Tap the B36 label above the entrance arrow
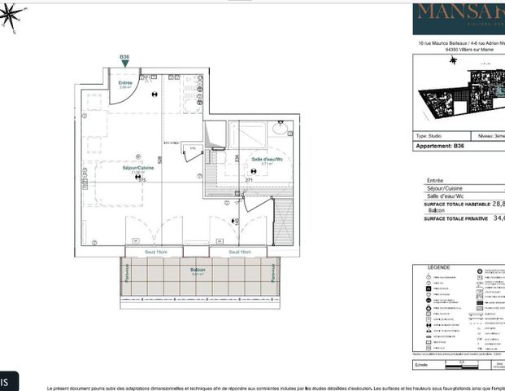pyautogui.click(x=124, y=57)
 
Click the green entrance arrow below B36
pyautogui.click(x=124, y=64)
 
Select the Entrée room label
pyautogui.click(x=125, y=82)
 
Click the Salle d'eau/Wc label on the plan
pyautogui.click(x=266, y=159)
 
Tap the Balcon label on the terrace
pyautogui.click(x=198, y=270)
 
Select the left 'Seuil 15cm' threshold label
pyautogui.click(x=156, y=252)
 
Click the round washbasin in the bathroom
pyautogui.click(x=281, y=128)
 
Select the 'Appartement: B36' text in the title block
pyautogui.click(x=441, y=147)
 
